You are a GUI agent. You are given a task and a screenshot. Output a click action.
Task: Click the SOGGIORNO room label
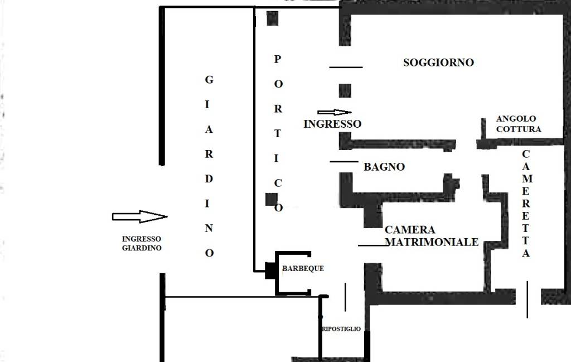(438, 62)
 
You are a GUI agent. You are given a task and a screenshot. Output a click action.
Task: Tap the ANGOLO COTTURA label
(519, 124)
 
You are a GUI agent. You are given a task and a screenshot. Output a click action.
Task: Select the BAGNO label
(384, 167)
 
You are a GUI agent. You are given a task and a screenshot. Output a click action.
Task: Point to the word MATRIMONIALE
(432, 242)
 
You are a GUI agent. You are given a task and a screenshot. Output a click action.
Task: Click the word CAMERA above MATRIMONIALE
(410, 230)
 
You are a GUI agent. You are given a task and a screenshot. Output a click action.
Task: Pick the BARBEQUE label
(303, 268)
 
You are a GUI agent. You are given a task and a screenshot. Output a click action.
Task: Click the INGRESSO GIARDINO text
(142, 243)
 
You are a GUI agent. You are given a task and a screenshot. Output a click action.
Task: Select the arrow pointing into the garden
(139, 216)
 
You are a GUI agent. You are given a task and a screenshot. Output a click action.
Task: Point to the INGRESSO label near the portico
(332, 124)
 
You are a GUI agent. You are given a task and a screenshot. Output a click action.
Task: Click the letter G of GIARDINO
(209, 80)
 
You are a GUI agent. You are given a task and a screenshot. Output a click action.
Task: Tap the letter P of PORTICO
(278, 59)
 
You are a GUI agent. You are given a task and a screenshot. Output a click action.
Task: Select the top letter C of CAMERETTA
(526, 154)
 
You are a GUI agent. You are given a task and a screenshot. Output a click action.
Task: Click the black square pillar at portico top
(272, 18)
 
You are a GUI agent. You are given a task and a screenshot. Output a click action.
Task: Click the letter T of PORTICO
(278, 134)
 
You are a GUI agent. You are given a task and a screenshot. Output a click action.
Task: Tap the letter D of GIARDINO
(209, 179)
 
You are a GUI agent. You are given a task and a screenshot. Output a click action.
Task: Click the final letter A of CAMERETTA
(525, 253)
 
